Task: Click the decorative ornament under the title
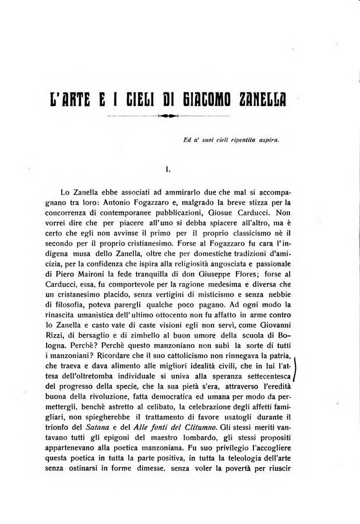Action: [168, 116]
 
